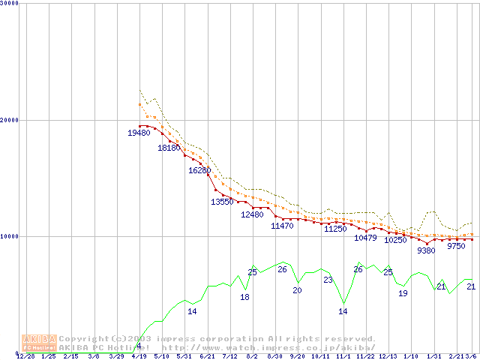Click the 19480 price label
click(x=139, y=133)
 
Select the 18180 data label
click(x=169, y=148)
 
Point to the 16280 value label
click(x=199, y=170)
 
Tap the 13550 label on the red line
click(x=222, y=202)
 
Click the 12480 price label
click(x=252, y=214)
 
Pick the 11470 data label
click(x=282, y=226)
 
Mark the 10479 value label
click(x=365, y=238)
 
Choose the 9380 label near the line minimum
click(x=426, y=250)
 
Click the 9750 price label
click(x=456, y=246)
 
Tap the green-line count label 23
click(x=328, y=280)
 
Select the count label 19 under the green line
click(x=403, y=293)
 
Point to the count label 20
click(x=297, y=290)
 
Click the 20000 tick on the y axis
click(x=10, y=120)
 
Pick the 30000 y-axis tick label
click(x=10, y=4)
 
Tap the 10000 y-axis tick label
click(x=10, y=236)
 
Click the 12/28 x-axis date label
click(x=25, y=356)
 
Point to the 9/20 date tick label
click(x=297, y=356)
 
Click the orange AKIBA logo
click(x=39, y=343)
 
